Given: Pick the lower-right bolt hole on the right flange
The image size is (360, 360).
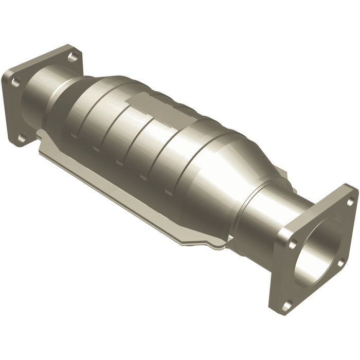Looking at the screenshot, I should [340, 263].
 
